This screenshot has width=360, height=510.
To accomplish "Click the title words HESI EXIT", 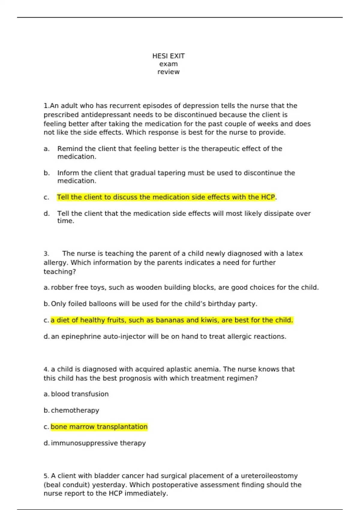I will [x=168, y=56].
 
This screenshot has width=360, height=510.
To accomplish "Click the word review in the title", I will [x=168, y=72].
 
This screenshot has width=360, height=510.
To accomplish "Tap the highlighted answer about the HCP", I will [x=166, y=197].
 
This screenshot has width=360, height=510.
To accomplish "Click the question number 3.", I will [x=46, y=254].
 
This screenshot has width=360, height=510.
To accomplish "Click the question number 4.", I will [x=46, y=369].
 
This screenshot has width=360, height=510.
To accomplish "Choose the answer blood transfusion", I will [x=80, y=394].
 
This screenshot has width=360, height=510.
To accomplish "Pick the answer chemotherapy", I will [x=75, y=410].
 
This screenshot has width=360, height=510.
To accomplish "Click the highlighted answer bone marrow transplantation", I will [x=99, y=427].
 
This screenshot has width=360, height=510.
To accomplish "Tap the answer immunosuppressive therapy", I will [x=98, y=443].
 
